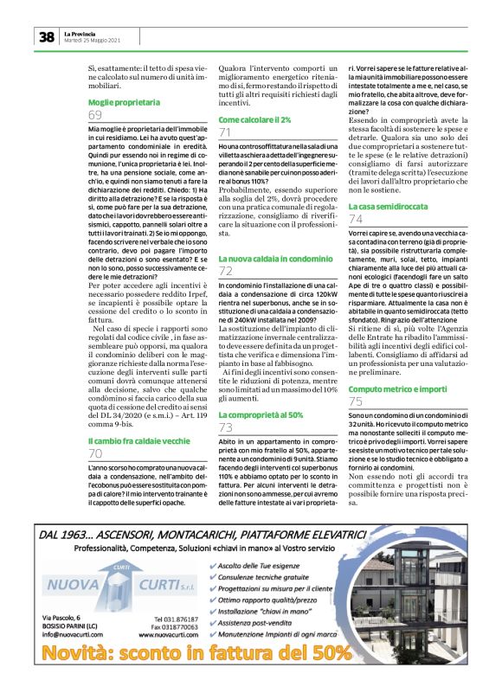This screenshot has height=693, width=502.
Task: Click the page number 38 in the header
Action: (x=46, y=36)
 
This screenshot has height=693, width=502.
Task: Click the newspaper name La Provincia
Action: (x=80, y=33)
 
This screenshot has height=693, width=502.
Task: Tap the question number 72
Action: (x=226, y=272)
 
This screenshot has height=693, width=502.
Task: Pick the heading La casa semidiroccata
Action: (x=387, y=207)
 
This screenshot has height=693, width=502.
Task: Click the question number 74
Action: (x=356, y=221)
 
